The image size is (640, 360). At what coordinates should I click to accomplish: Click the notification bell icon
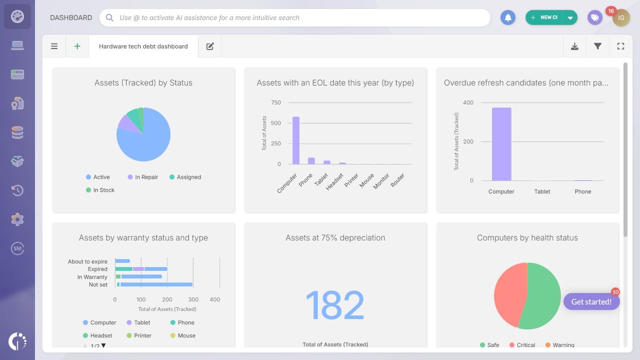508,17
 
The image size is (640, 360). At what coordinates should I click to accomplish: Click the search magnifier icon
110,17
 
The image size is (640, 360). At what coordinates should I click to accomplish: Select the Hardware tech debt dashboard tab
143,46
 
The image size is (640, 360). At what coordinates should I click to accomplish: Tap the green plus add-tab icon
77,46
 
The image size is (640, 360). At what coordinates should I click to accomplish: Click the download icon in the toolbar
575,46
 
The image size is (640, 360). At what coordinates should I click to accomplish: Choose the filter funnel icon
598,46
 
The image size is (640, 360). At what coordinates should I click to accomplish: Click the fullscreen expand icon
621,46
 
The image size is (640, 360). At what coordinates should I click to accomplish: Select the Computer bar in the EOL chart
296,140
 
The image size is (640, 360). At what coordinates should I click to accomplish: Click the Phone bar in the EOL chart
311,161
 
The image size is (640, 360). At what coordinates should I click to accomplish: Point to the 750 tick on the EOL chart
276,103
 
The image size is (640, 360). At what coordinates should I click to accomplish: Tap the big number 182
335,305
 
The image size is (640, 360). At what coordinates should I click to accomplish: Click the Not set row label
98,285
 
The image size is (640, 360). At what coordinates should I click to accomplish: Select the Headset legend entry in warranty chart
101,336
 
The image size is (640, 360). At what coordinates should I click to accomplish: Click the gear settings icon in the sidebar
17,219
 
